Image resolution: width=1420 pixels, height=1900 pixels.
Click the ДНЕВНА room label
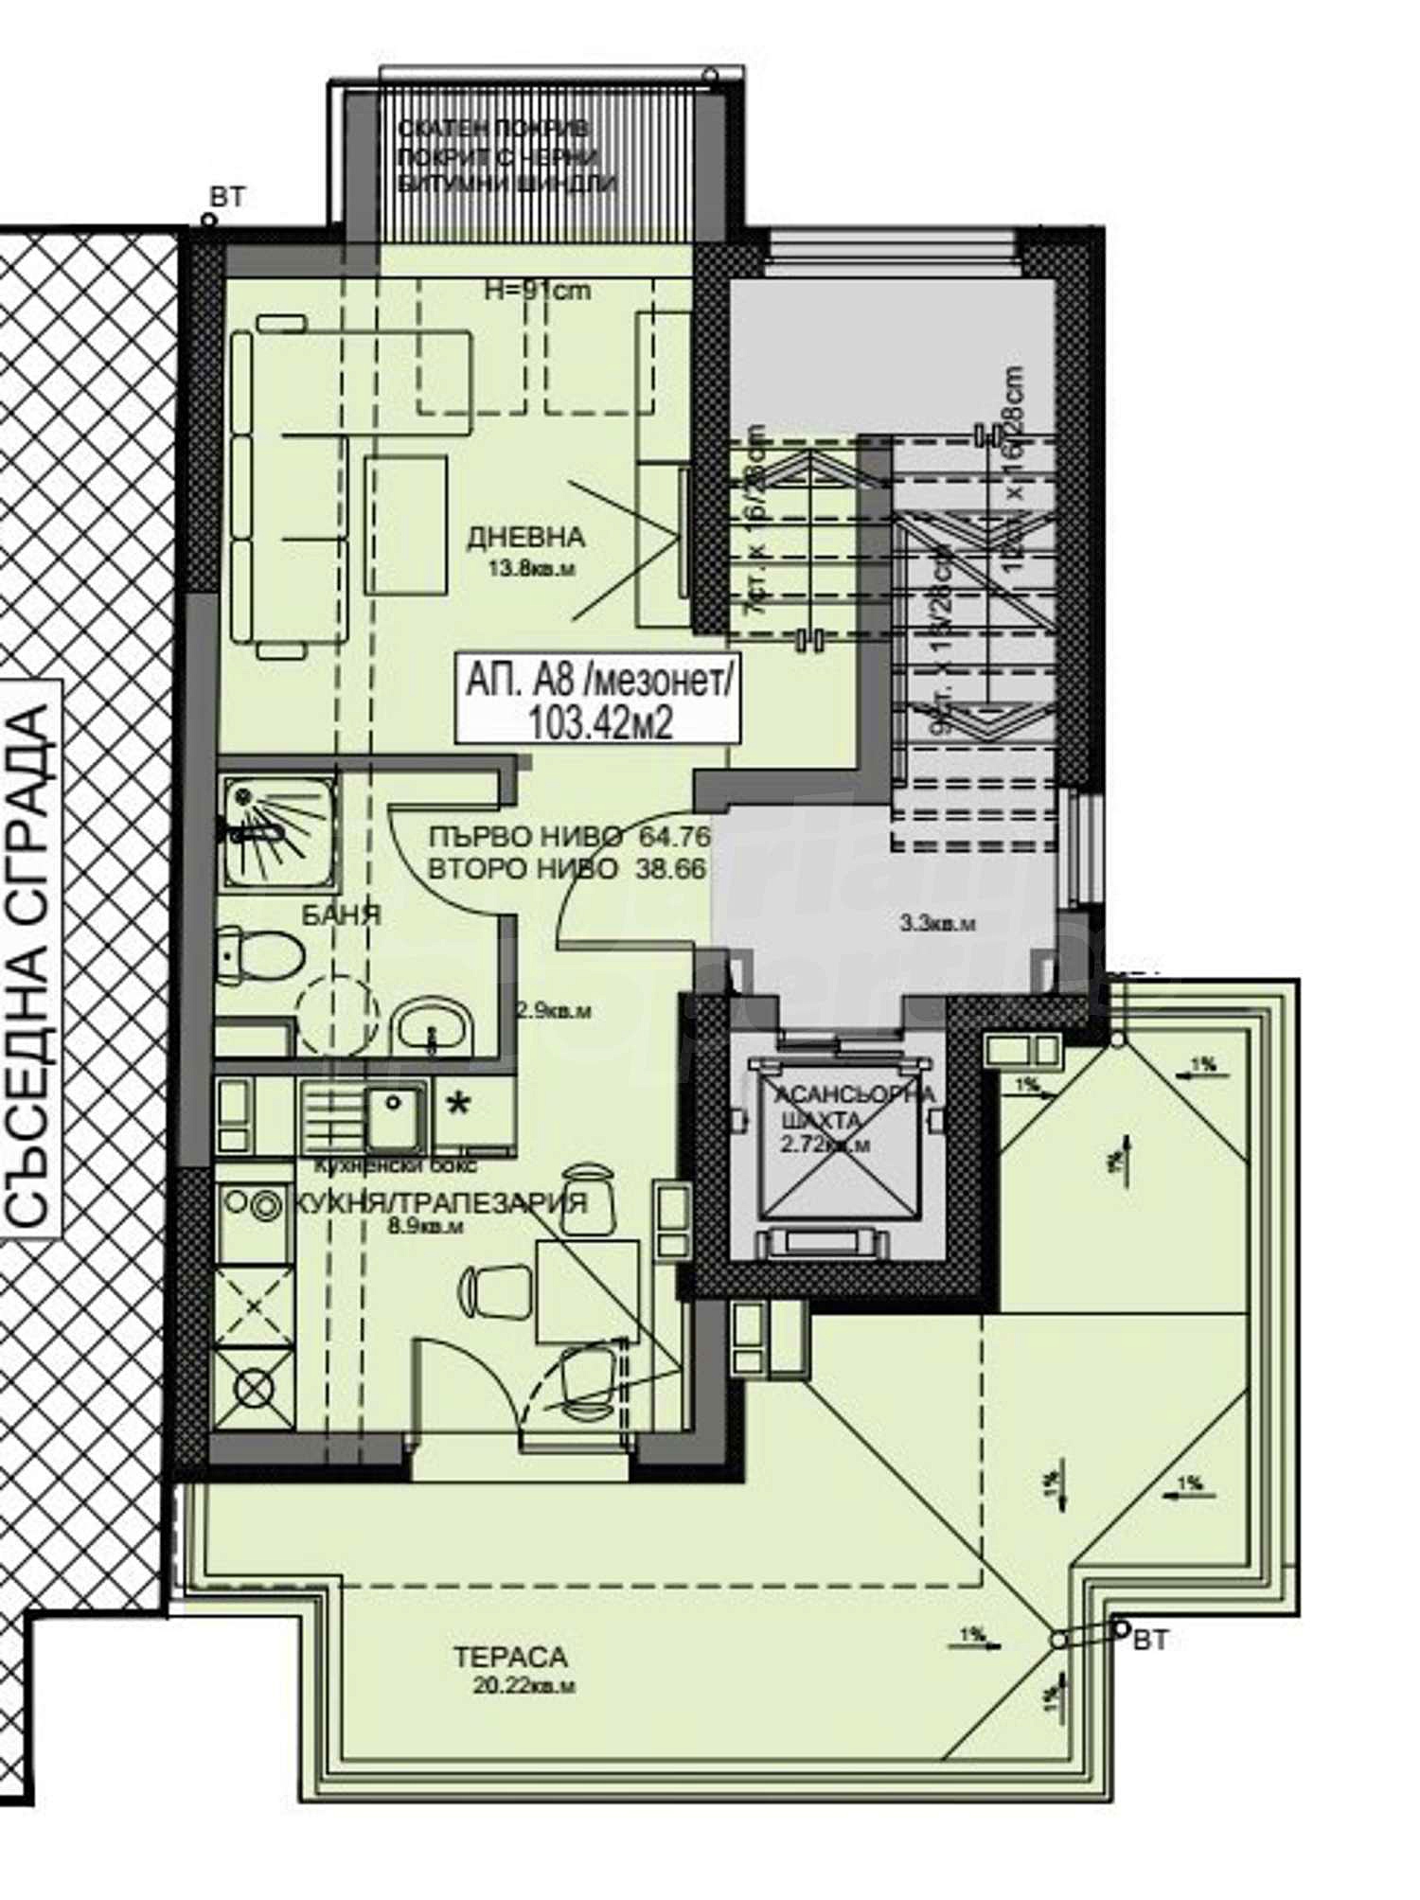525,538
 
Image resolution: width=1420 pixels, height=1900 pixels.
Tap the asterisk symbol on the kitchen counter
459,1106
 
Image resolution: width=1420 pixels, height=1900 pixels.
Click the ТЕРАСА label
509,1658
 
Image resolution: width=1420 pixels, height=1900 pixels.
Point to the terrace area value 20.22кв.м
526,1686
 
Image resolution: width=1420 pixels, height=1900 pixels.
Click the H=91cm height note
537,291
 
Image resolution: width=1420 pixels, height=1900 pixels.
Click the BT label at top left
226,197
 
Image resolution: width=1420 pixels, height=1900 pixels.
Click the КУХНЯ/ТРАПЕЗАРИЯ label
441,1203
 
